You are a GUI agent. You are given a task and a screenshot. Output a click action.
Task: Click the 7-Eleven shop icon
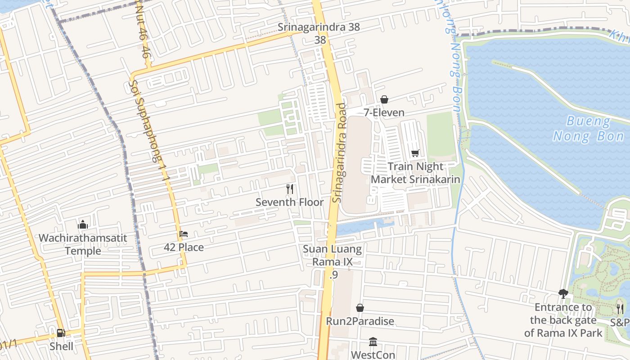coord(384,99)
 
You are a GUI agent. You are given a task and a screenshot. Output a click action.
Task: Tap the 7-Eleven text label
coord(384,112)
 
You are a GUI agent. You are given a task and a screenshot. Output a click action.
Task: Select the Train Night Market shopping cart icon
coord(415,153)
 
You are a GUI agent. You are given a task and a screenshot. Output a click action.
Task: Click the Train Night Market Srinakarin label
coord(415,173)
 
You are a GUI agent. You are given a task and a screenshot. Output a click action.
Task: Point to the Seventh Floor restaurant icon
coord(290,189)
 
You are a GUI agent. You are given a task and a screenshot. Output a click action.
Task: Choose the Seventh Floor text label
coord(289,202)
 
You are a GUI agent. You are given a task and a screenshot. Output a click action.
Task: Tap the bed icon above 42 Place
coord(184,234)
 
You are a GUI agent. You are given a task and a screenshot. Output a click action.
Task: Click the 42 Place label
coord(184,247)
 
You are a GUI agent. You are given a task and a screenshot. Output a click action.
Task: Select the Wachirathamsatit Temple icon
coord(83,225)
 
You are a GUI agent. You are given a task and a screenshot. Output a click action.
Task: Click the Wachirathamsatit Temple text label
coord(83,244)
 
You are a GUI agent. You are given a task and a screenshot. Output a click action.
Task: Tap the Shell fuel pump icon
coord(61,333)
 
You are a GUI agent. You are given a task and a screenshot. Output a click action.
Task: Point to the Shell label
coord(62,346)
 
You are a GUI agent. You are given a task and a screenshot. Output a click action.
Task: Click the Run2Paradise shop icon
coord(360,308)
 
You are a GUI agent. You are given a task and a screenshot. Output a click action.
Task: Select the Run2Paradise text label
coord(360,321)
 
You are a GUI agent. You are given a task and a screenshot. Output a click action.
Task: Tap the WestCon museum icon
coord(373,342)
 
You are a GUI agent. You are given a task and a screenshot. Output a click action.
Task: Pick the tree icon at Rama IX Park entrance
coord(563,294)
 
